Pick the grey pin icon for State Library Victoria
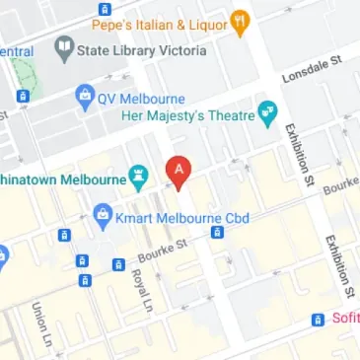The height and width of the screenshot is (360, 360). pos(64,48)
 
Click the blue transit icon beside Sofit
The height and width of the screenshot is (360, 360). pos(318,320)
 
